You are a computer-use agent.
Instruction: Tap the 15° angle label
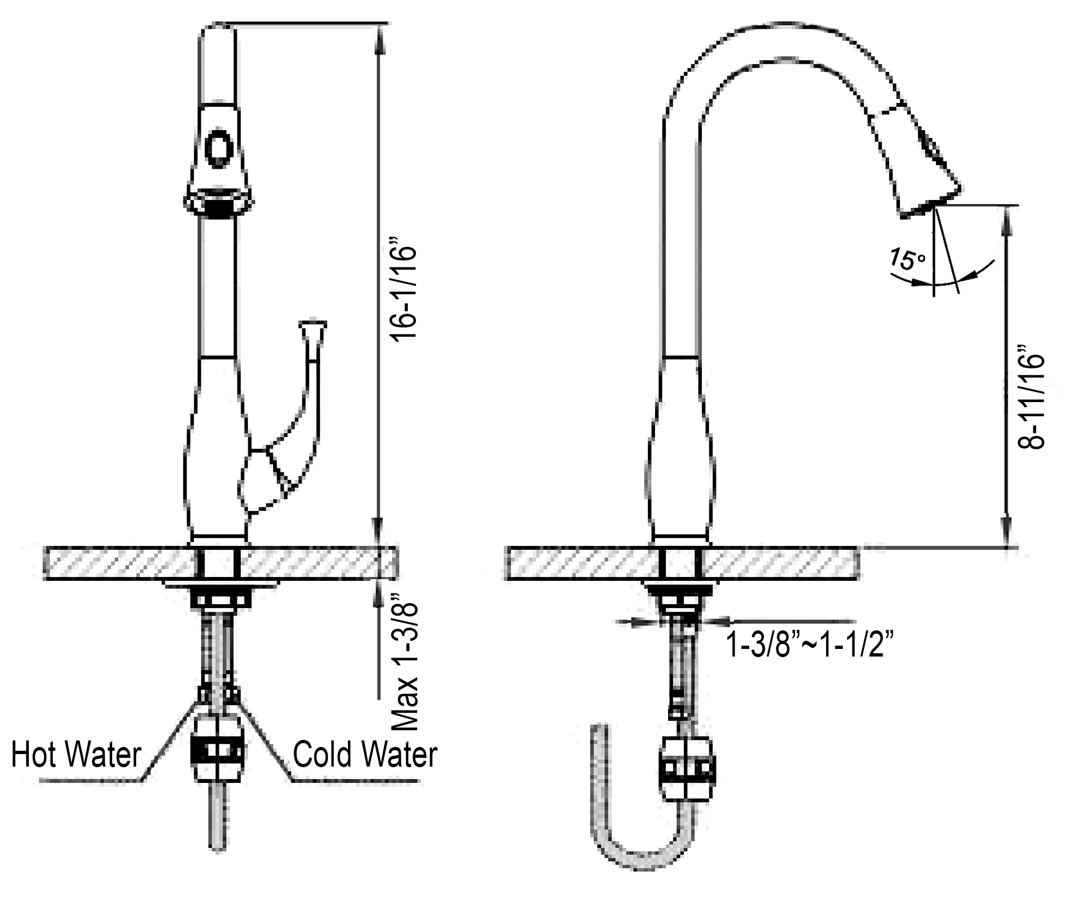pos(907,258)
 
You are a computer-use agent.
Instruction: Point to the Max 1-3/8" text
pos(405,667)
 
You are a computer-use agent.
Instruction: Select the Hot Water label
pos(76,755)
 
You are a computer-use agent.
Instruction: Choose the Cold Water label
pos(365,755)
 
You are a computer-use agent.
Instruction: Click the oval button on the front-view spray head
pos(218,148)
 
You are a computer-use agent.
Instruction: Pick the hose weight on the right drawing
pos(687,768)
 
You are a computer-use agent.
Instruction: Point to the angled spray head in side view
pos(915,163)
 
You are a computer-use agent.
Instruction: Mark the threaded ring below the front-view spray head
pos(218,208)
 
